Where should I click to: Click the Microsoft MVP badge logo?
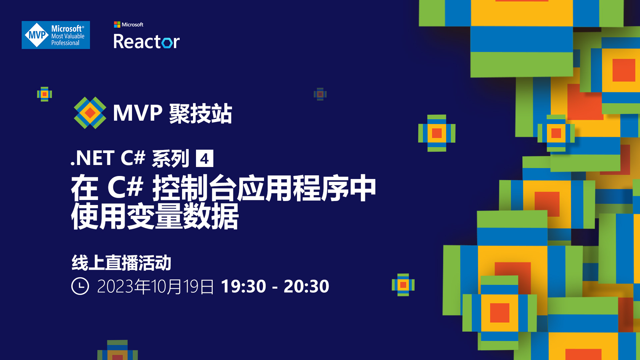tap(56, 35)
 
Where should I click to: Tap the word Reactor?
tap(146, 42)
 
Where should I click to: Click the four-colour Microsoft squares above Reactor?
tap(117, 24)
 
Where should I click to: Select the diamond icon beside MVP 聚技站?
tap(90, 113)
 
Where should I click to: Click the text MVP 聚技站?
tap(172, 113)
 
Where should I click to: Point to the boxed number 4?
tap(204, 159)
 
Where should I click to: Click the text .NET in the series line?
tap(93, 158)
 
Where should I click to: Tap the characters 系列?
tap(170, 158)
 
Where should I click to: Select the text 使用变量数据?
tap(155, 216)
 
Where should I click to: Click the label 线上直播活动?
tap(121, 263)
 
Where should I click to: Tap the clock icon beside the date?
tap(80, 286)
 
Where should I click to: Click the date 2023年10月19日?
tap(155, 286)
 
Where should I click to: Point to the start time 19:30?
tap(243, 286)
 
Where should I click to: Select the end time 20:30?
tap(306, 286)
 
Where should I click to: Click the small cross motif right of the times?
tap(403, 285)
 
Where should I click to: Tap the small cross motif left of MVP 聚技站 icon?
tap(44, 94)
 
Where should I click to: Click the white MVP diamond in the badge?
tap(37, 35)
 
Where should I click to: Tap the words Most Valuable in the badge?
tap(68, 36)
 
